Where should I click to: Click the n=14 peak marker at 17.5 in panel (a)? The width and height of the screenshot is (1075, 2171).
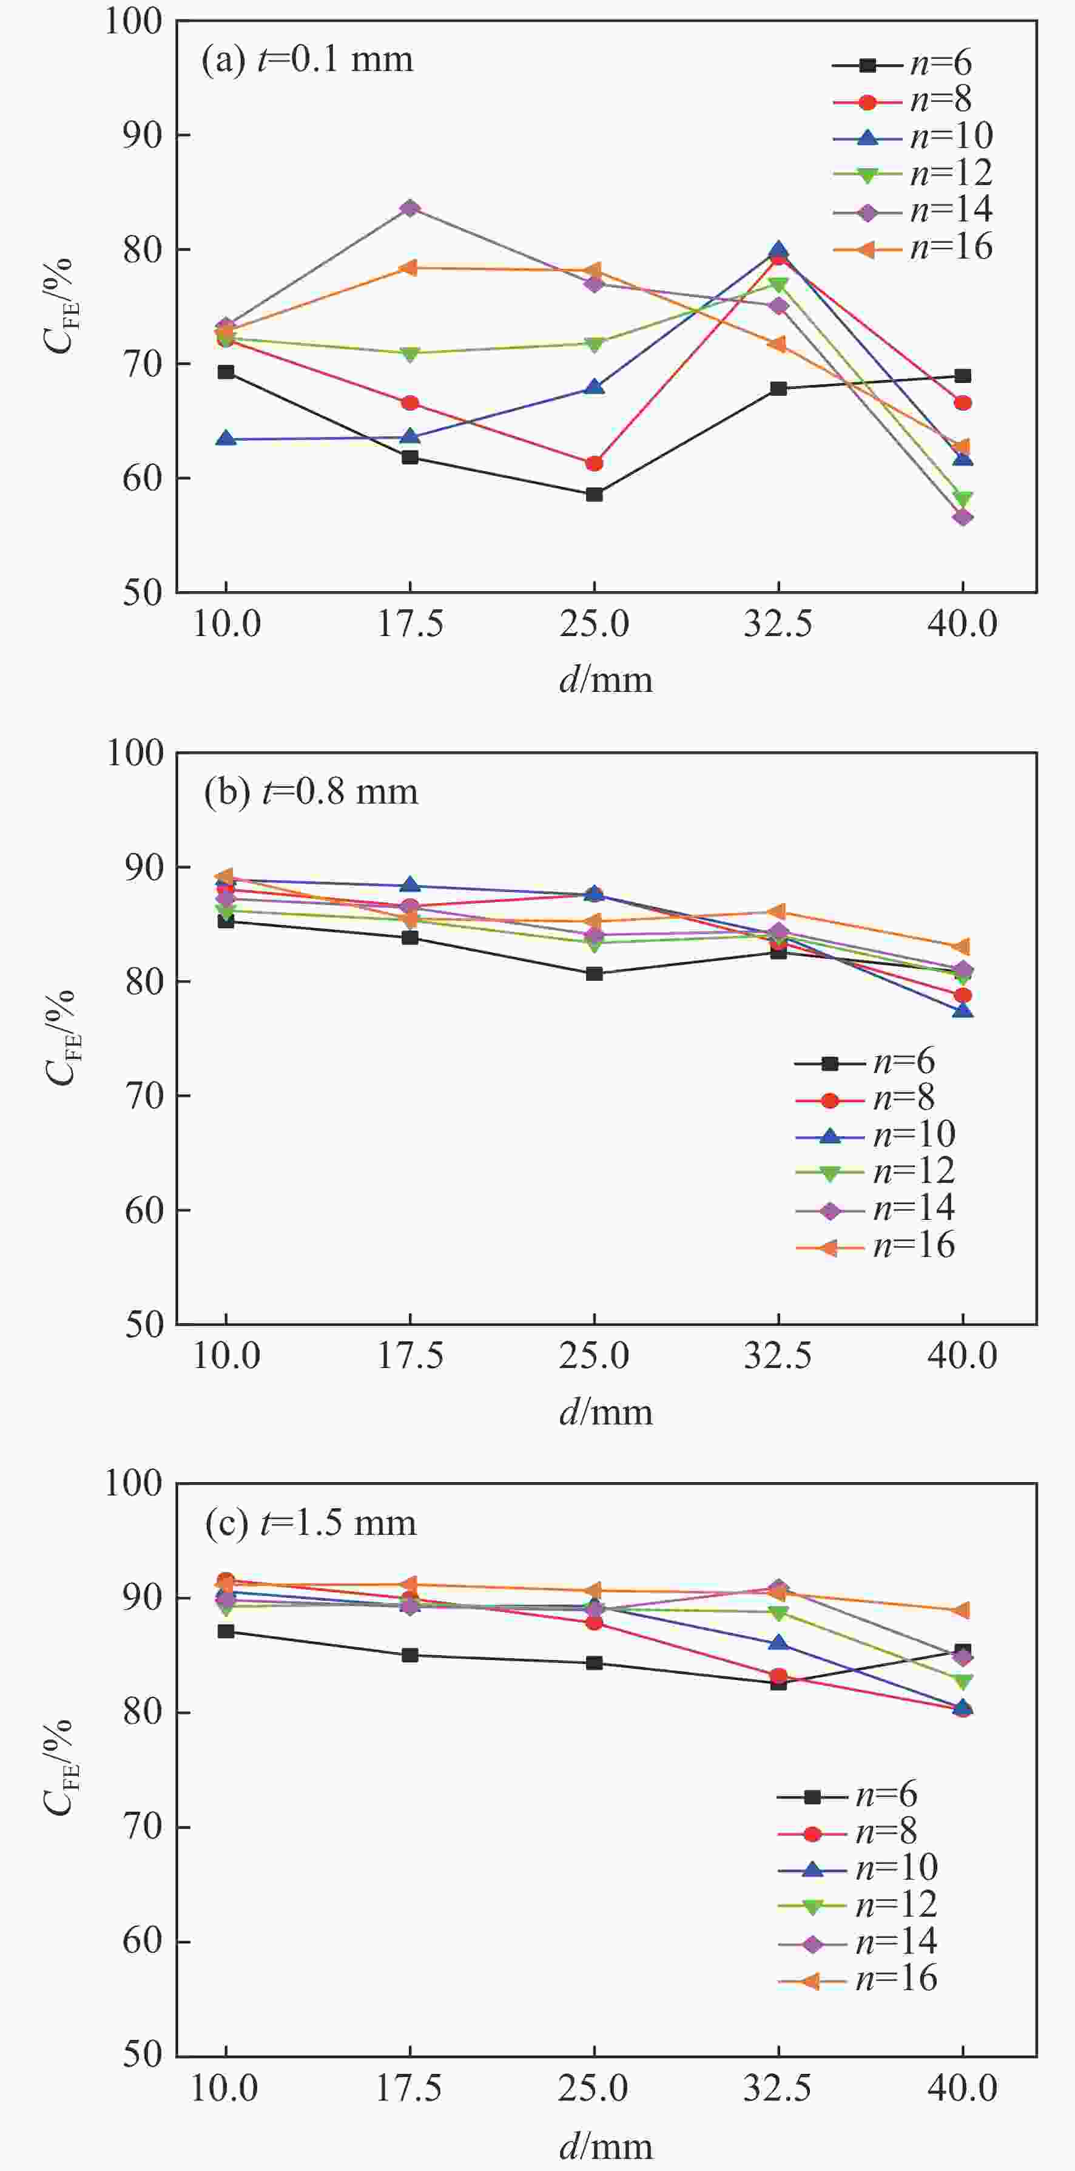(410, 208)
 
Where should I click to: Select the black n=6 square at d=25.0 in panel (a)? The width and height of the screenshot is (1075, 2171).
(594, 494)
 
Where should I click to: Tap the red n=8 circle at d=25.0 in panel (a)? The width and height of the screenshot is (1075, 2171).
(594, 464)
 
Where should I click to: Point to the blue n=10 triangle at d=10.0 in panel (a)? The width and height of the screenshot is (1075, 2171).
(226, 439)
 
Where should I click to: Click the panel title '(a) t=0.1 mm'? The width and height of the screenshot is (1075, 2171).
(308, 60)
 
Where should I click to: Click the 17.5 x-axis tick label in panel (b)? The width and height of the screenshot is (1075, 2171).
(410, 1356)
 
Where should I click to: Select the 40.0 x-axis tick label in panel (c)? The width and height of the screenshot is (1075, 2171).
(962, 2088)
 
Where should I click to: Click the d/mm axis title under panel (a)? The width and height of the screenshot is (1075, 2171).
(605, 679)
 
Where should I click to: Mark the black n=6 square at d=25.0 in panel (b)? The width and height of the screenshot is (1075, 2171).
(594, 974)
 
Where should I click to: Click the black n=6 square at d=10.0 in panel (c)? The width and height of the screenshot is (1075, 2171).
(226, 1631)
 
